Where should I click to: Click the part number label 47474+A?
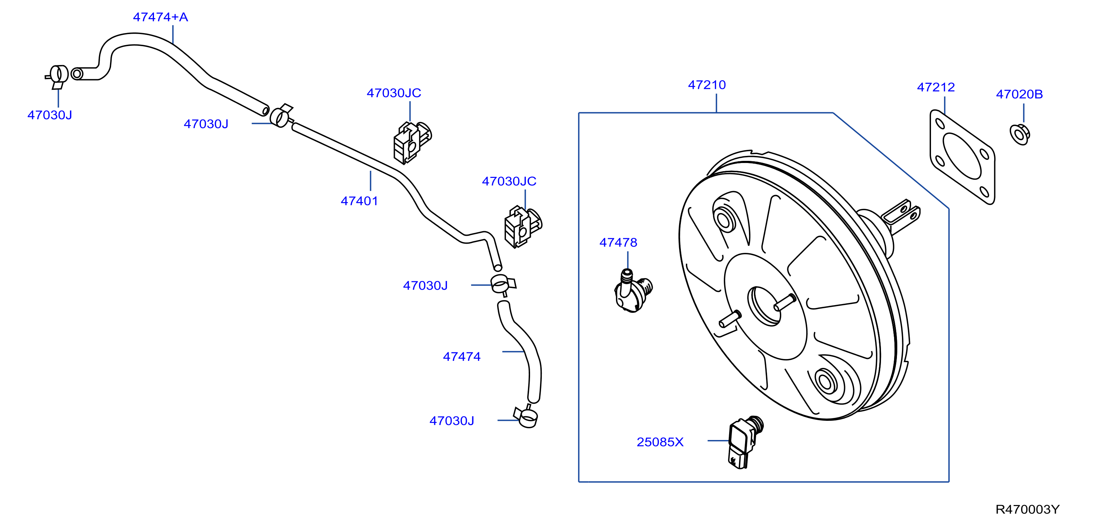(x=160, y=17)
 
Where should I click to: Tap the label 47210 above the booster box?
(x=707, y=85)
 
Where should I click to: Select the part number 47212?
(x=936, y=87)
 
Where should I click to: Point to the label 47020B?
(x=1019, y=94)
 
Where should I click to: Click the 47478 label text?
(x=618, y=243)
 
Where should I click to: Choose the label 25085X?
(x=660, y=442)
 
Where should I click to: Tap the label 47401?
(x=359, y=201)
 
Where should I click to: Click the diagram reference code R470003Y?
(x=1027, y=510)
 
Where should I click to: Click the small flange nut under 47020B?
(x=1020, y=135)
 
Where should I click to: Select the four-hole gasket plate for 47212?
(x=963, y=157)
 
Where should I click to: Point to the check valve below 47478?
(x=633, y=291)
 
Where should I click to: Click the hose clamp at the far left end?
(x=57, y=76)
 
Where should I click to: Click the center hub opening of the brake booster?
(x=764, y=306)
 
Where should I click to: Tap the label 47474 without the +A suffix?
(x=462, y=357)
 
